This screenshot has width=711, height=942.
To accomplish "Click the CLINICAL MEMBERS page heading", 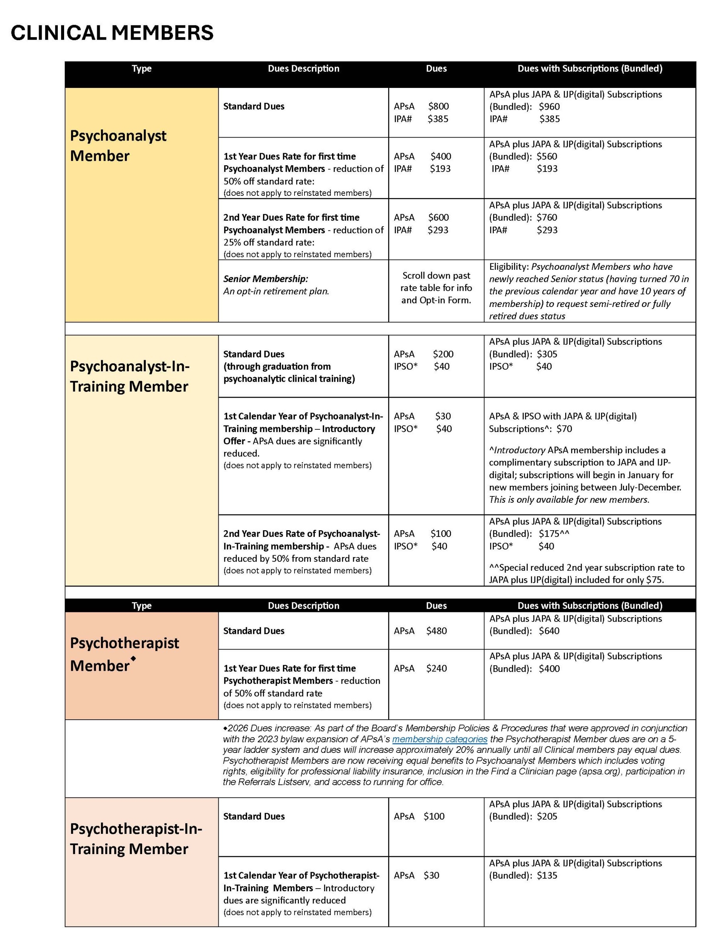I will [x=112, y=33].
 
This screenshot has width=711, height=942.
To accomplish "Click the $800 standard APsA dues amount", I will [x=439, y=106].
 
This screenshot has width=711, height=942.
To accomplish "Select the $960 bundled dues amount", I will [x=549, y=106].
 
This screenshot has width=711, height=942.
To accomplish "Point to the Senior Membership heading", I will [x=265, y=279].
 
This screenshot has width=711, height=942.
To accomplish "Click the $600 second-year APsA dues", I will [x=439, y=217].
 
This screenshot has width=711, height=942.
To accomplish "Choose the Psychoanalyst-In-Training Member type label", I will [x=130, y=376].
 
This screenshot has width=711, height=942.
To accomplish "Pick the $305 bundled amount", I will [x=547, y=354].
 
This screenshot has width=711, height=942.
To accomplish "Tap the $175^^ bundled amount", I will [x=554, y=534].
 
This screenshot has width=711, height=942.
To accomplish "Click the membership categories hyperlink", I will [x=440, y=739].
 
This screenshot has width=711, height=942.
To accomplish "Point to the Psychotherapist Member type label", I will [x=124, y=655].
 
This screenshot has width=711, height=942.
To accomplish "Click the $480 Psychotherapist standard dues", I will [x=437, y=631].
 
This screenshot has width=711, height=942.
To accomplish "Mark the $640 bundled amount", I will [x=549, y=631].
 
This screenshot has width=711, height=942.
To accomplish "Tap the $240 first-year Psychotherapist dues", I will [x=437, y=669].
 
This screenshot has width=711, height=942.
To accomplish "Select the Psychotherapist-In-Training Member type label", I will [x=136, y=839].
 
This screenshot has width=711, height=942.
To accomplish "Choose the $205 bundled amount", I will [x=547, y=817].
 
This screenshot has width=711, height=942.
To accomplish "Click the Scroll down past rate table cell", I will [x=436, y=288].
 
